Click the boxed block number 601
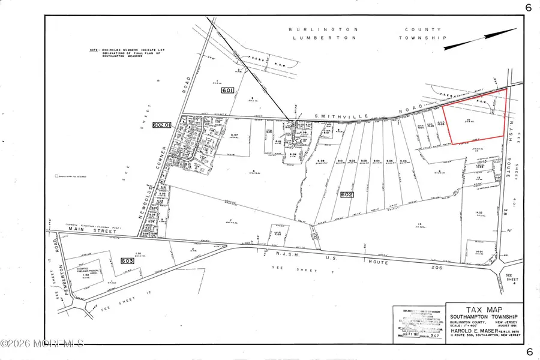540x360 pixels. (x=227, y=91)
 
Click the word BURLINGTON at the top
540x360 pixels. (x=315, y=29)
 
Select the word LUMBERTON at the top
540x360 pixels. (x=315, y=37)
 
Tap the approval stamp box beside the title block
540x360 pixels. (x=418, y=324)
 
